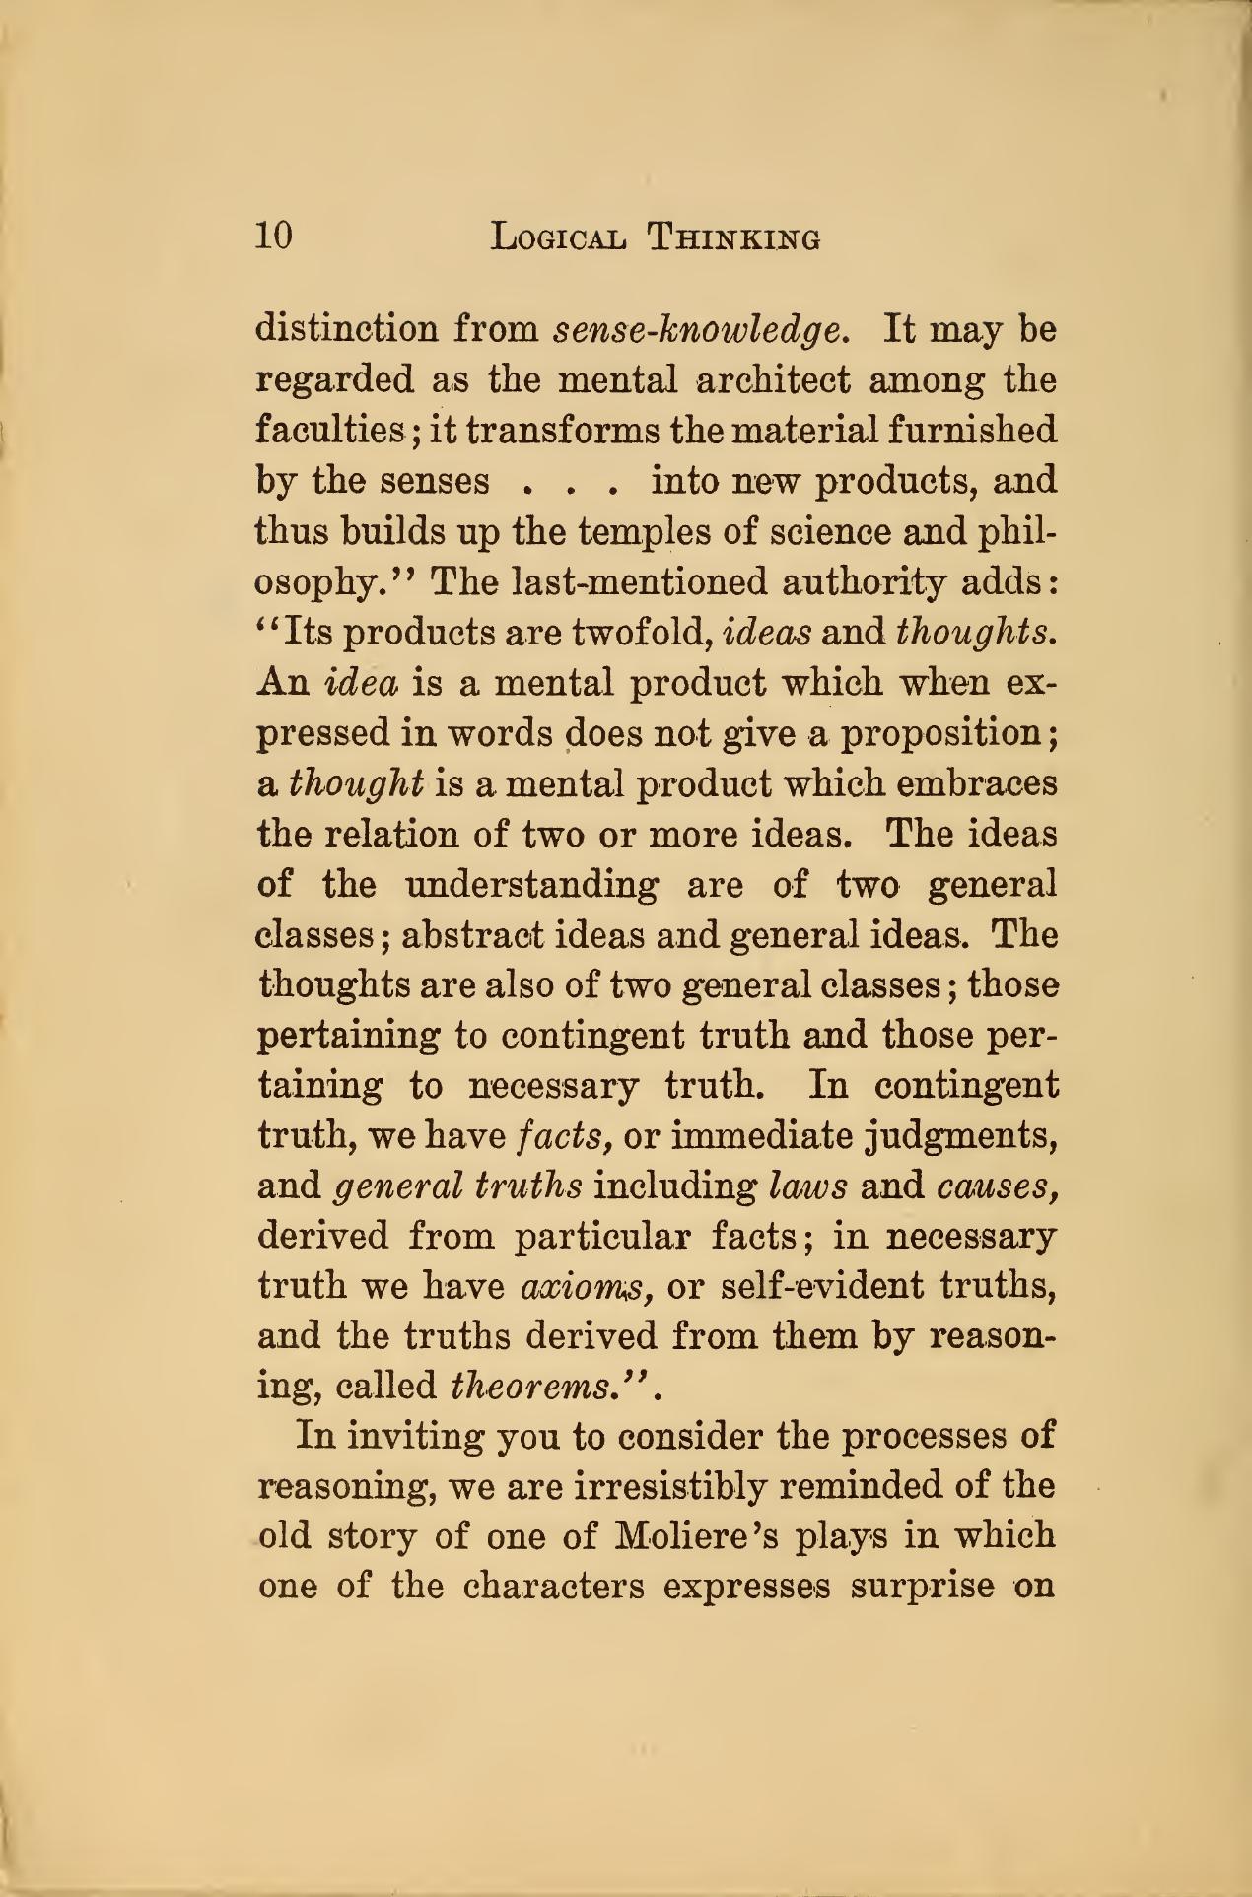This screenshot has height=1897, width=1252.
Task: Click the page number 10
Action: [x=273, y=237]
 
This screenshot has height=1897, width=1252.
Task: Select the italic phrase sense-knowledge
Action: [x=700, y=329]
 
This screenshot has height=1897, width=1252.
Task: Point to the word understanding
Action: [x=532, y=885]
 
